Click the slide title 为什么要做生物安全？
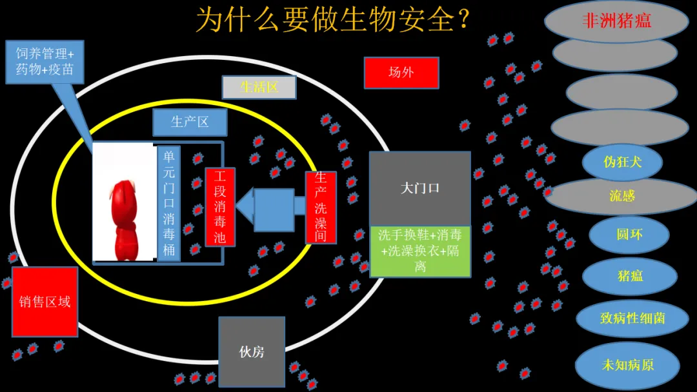[332, 20]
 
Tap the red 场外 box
[401, 72]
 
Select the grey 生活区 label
[259, 87]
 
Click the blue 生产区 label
[190, 122]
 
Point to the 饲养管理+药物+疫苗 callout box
[45, 62]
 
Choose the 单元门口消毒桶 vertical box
[169, 202]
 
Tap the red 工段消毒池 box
[220, 207]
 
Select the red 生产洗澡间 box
[321, 207]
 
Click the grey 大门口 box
[419, 188]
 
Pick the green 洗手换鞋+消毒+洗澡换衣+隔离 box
[419, 251]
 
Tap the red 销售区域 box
[45, 302]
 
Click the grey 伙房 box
[252, 351]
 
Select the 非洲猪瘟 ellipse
[616, 21]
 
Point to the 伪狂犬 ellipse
[622, 162]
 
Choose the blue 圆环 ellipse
[629, 235]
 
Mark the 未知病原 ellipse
[627, 365]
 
